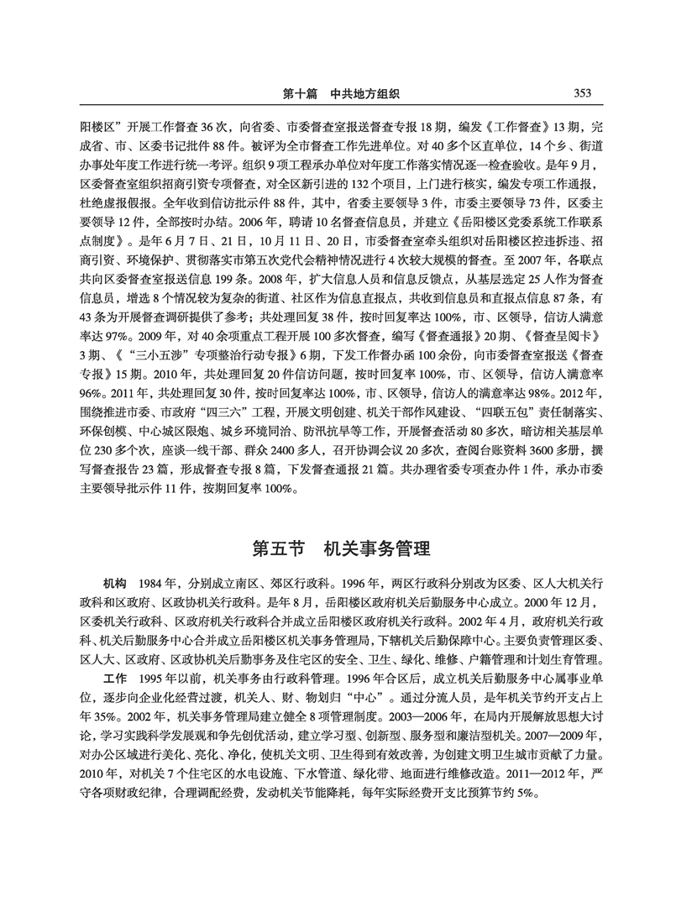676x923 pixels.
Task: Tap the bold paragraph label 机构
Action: click(114, 582)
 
